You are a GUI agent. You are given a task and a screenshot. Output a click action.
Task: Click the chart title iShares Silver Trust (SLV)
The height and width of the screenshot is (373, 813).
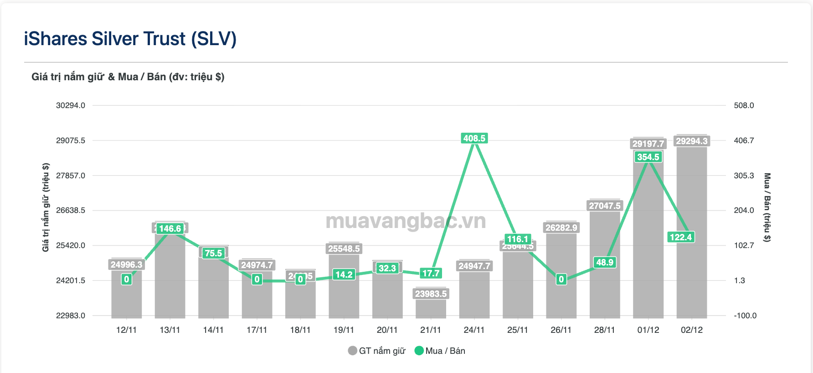click(x=130, y=39)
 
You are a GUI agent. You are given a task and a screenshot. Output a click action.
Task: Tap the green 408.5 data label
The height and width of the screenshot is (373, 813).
click(x=474, y=138)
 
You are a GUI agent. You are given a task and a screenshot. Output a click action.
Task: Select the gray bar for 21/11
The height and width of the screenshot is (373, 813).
click(x=431, y=308)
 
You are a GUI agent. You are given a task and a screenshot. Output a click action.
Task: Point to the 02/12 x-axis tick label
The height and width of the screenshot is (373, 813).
click(x=691, y=330)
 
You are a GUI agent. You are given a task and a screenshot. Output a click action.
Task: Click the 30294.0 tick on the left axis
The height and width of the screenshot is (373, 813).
click(x=71, y=105)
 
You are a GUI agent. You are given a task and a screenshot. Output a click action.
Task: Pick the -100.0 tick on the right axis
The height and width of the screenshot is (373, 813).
click(x=745, y=316)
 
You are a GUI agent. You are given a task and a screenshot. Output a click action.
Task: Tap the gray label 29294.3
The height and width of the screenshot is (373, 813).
click(x=691, y=141)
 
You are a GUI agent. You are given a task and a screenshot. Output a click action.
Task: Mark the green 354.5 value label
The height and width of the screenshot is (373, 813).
click(x=648, y=157)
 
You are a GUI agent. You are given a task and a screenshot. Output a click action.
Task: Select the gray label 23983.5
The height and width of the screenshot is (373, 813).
click(x=431, y=294)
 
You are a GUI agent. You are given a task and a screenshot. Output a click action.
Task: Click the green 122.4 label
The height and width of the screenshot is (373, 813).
click(x=681, y=237)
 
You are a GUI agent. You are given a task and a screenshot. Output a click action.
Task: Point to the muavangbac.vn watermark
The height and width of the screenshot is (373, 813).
click(x=406, y=221)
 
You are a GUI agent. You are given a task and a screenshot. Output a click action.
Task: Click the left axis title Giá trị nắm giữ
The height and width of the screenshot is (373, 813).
click(x=46, y=207)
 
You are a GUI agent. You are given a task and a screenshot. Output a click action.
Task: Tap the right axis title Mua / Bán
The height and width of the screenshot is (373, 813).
click(x=767, y=207)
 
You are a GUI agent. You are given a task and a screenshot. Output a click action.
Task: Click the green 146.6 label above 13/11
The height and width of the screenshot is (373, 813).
click(x=170, y=228)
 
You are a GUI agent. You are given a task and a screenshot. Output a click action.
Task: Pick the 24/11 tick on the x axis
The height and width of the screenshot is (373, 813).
click(x=474, y=330)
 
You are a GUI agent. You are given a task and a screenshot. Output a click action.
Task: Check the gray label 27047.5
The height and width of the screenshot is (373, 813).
click(x=605, y=206)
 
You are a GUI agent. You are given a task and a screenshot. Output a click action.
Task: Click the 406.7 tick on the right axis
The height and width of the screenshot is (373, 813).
click(x=744, y=140)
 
